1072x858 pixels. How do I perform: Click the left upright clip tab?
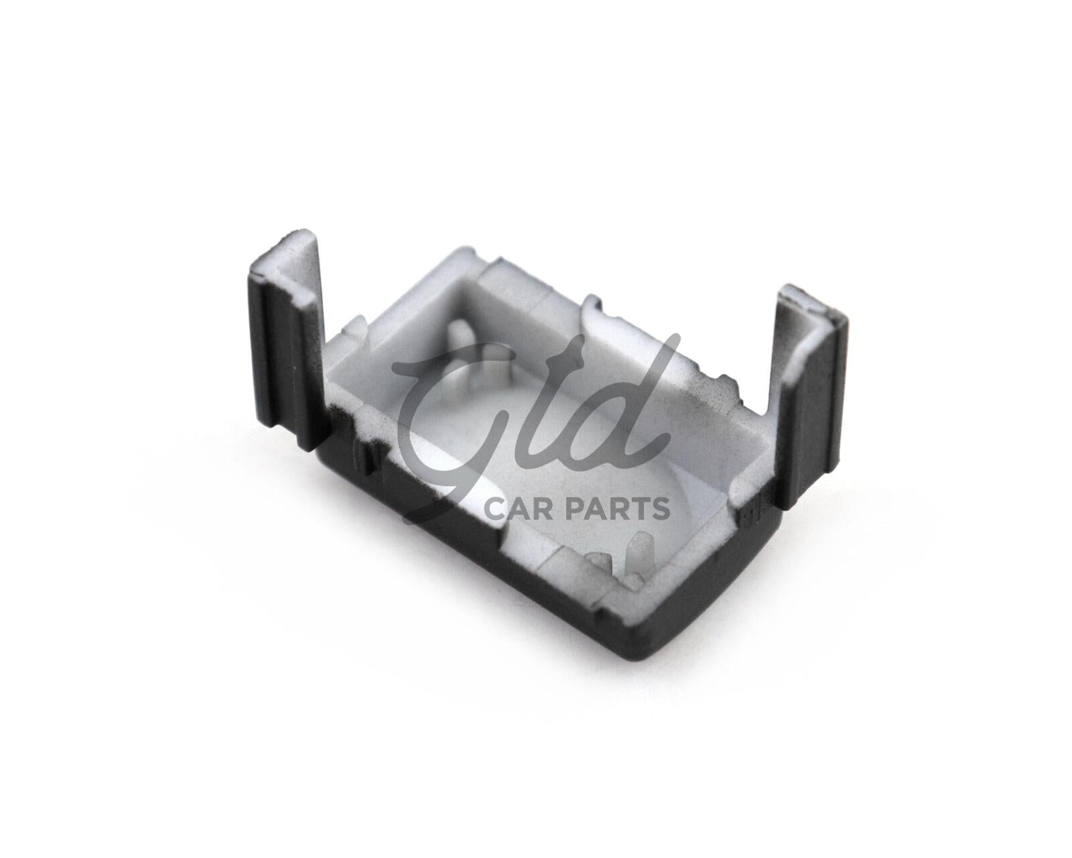coord(286,339)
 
